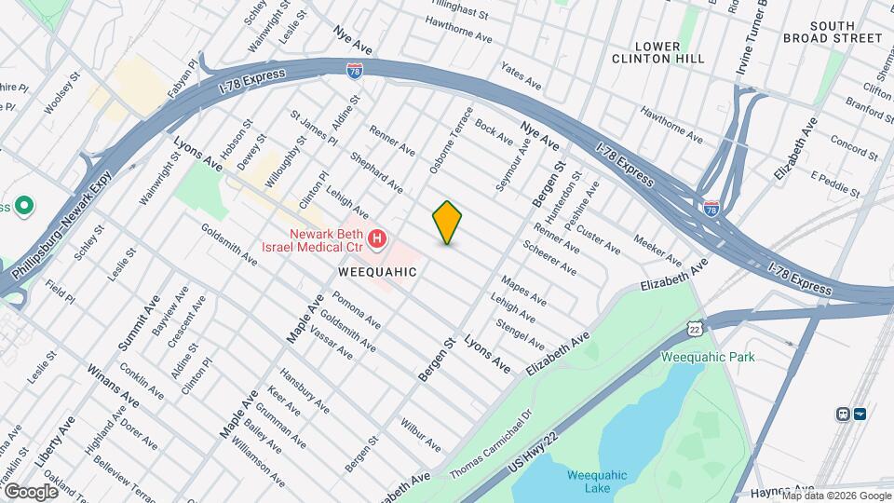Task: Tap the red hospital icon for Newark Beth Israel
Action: [377, 240]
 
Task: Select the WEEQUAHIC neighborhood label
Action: [377, 271]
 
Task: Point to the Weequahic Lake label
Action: [598, 483]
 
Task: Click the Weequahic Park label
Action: [708, 357]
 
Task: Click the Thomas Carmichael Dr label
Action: [491, 446]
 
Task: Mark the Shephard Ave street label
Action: [376, 172]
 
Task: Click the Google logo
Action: [31, 491]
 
